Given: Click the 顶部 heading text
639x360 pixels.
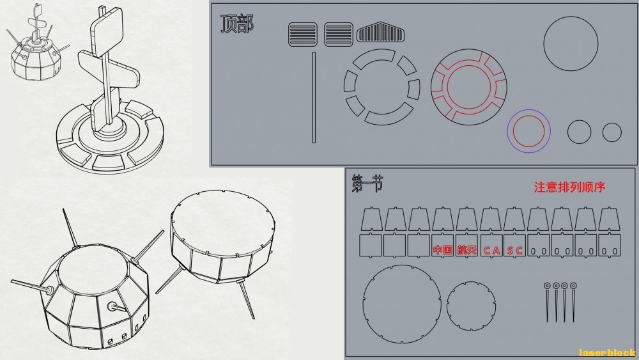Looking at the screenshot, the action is (x=237, y=24).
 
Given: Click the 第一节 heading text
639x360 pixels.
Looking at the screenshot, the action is (x=367, y=184).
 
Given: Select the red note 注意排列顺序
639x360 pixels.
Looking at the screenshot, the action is (x=569, y=187).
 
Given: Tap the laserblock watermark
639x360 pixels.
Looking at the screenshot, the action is (x=607, y=353).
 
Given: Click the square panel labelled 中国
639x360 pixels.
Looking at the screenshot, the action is (x=443, y=246).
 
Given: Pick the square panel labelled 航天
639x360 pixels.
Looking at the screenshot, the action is (x=466, y=246).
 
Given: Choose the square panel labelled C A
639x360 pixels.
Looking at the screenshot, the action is (x=491, y=246).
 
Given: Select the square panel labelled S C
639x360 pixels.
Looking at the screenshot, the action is (x=514, y=246).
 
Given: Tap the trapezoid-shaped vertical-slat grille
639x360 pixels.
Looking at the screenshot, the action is (x=381, y=32).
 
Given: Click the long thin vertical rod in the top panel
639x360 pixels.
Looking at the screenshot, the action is (x=314, y=97).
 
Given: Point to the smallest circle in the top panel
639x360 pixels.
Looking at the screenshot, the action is (x=612, y=132).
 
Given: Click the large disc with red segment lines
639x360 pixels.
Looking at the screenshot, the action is (x=469, y=87).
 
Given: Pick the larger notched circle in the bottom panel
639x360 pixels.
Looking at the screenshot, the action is (x=402, y=304).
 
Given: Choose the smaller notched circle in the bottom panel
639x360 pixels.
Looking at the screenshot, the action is (x=471, y=306).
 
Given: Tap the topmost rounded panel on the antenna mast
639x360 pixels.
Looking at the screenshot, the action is (x=107, y=27).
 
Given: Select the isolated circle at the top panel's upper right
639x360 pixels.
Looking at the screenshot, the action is (x=571, y=43).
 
